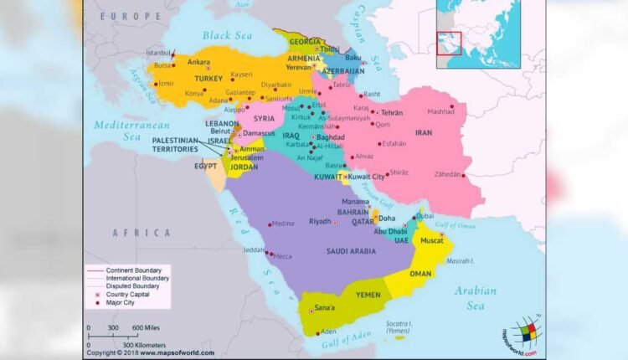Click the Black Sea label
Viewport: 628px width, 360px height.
[x=226, y=35]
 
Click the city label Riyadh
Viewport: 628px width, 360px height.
[x=320, y=222]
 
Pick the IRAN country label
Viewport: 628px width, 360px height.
[x=424, y=133]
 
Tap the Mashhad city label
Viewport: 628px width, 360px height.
[x=440, y=112]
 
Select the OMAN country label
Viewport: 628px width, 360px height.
[x=420, y=274]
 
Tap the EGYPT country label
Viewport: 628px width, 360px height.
[x=206, y=166]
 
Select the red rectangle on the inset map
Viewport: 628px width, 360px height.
[x=449, y=43]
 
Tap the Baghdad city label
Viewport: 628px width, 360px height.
[x=331, y=136]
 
